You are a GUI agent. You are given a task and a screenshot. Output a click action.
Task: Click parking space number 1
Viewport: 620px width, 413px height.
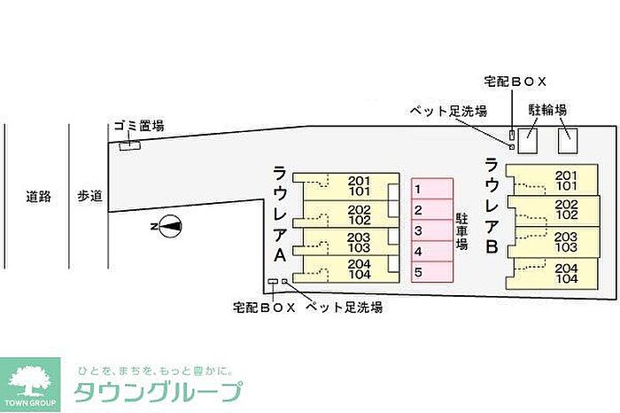coord(431,188)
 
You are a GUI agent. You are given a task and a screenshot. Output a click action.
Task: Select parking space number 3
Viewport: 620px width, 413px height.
coord(431,230)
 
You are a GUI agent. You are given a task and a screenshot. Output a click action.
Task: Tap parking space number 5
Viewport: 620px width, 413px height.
coord(431,272)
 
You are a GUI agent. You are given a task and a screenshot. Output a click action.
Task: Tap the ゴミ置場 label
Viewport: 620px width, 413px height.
coord(138,126)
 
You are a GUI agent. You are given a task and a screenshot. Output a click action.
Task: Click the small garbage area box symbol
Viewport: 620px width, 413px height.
coord(130,145)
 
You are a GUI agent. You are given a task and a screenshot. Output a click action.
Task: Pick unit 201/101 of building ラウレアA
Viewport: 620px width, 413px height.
coord(346,186)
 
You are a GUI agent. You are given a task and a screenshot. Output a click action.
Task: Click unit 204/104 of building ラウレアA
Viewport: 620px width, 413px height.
coord(346,269)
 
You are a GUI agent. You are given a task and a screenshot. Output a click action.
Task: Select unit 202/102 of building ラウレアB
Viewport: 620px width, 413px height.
coord(549,209)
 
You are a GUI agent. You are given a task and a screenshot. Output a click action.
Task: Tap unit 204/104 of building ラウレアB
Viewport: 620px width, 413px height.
coord(549,273)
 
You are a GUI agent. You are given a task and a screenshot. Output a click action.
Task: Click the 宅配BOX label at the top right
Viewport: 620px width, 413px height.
coord(515,81)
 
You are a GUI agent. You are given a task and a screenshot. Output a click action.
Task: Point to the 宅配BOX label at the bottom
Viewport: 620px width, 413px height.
coord(264,308)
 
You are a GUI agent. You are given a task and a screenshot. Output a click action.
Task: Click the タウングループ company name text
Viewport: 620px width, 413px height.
coord(157,392)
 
